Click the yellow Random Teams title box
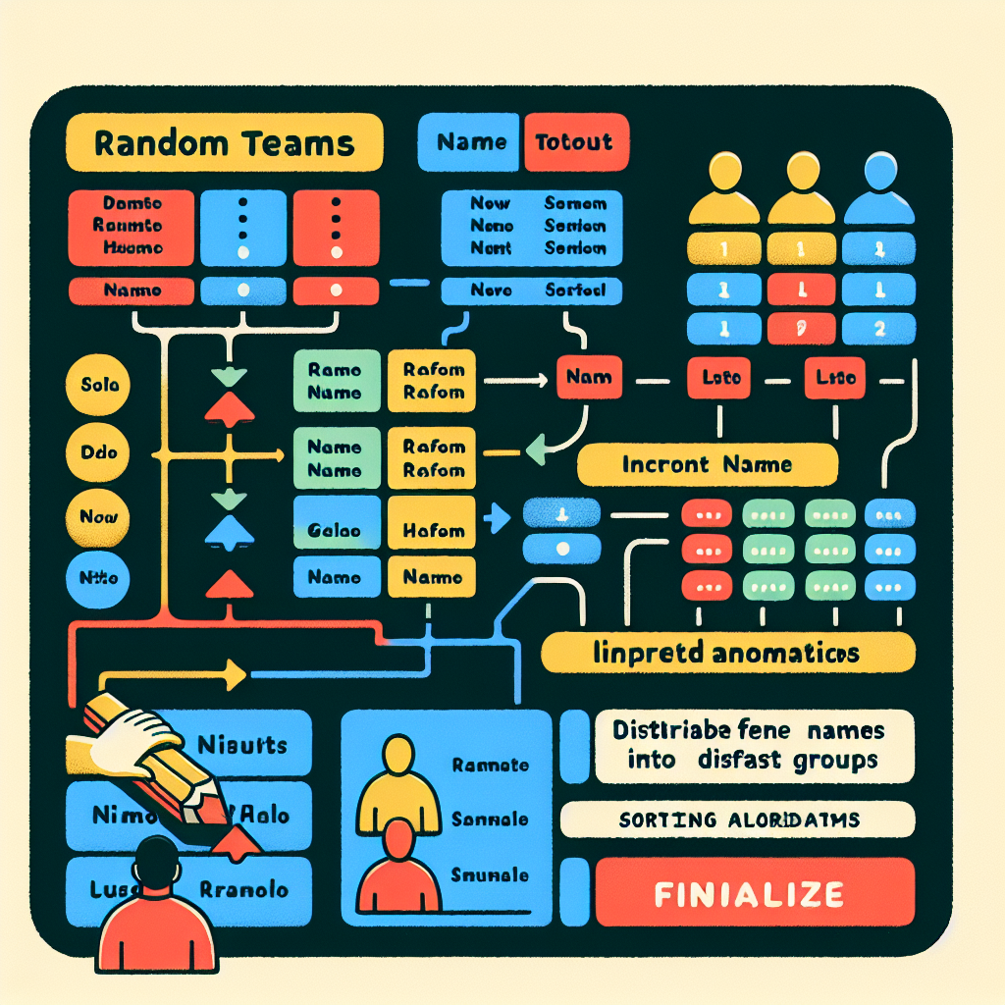(x=223, y=143)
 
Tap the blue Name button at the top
(x=471, y=143)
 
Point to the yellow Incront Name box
(x=707, y=464)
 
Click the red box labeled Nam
(x=589, y=378)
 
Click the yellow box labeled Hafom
(x=433, y=530)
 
